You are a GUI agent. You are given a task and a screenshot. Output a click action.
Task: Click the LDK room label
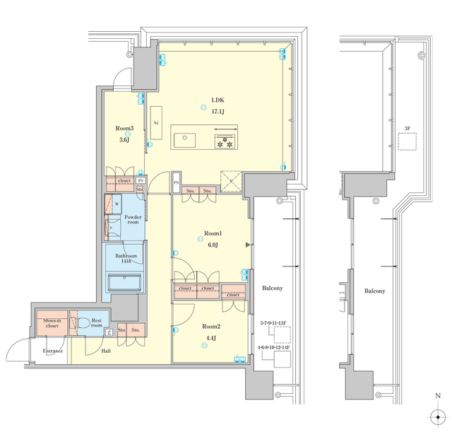(218, 100)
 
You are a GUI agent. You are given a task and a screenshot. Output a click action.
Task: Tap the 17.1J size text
(218, 112)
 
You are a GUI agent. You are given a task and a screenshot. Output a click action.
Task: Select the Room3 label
(124, 129)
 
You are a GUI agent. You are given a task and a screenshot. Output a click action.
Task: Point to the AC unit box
(155, 122)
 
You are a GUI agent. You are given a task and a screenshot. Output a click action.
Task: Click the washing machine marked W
(117, 205)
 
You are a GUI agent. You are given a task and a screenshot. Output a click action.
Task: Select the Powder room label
(133, 220)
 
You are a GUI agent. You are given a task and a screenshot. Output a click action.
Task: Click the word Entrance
(52, 351)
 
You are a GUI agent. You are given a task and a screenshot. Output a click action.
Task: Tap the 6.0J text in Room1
(213, 245)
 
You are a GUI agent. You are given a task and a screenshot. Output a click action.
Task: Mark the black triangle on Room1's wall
(248, 245)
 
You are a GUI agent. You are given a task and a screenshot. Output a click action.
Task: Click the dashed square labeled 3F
(407, 141)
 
